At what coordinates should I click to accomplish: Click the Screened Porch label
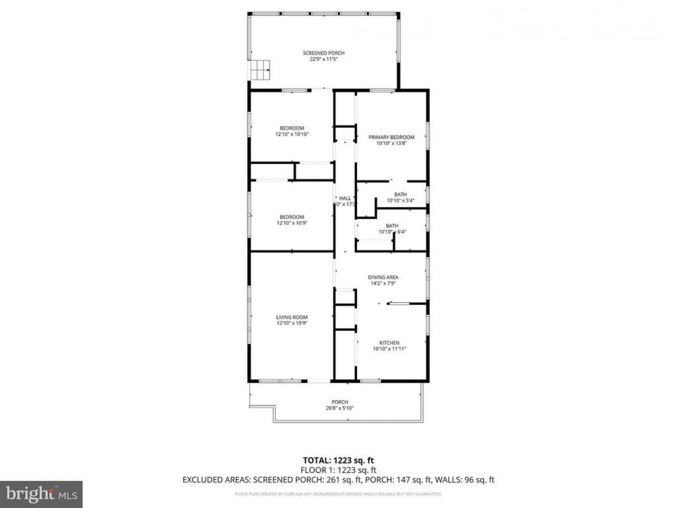point(323,53)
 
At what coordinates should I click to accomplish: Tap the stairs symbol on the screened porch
point(260,69)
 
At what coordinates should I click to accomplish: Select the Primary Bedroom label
point(391,137)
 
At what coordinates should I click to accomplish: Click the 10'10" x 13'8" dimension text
point(391,143)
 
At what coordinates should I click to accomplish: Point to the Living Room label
point(291,317)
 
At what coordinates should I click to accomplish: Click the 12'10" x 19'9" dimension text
point(291,323)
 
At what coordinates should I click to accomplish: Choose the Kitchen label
point(389,343)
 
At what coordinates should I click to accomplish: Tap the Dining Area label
point(383,277)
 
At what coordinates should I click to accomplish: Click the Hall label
point(345,199)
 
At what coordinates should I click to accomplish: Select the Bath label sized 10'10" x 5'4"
point(400,195)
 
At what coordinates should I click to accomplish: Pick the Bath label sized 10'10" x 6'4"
point(392,226)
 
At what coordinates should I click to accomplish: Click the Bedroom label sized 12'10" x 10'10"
point(292,128)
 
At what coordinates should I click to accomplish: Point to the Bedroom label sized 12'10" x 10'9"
point(292,217)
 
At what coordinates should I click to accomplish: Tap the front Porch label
point(340,402)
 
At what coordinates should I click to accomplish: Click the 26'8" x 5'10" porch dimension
point(340,408)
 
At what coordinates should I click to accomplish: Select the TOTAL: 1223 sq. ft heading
point(338,460)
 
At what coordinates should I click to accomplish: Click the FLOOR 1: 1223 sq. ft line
point(338,470)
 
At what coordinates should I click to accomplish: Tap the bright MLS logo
point(41,494)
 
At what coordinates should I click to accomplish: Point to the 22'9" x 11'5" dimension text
point(323,59)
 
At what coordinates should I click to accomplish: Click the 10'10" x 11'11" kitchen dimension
point(389,349)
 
